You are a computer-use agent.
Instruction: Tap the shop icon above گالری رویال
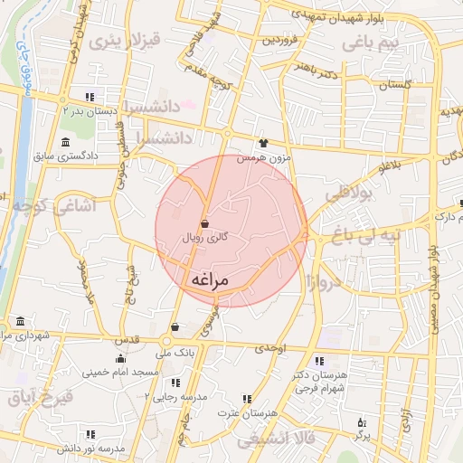(x=205, y=223)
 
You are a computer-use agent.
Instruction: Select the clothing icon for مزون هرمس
(x=263, y=142)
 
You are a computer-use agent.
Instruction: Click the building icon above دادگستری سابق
(x=65, y=142)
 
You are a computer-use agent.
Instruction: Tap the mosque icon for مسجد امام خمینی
(x=119, y=359)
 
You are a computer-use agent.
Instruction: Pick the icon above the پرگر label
(x=363, y=422)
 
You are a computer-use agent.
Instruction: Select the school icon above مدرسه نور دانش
(x=89, y=434)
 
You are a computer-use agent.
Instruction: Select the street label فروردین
(x=279, y=41)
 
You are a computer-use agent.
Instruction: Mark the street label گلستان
(x=394, y=84)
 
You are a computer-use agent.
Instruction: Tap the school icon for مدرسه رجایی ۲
(x=175, y=383)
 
